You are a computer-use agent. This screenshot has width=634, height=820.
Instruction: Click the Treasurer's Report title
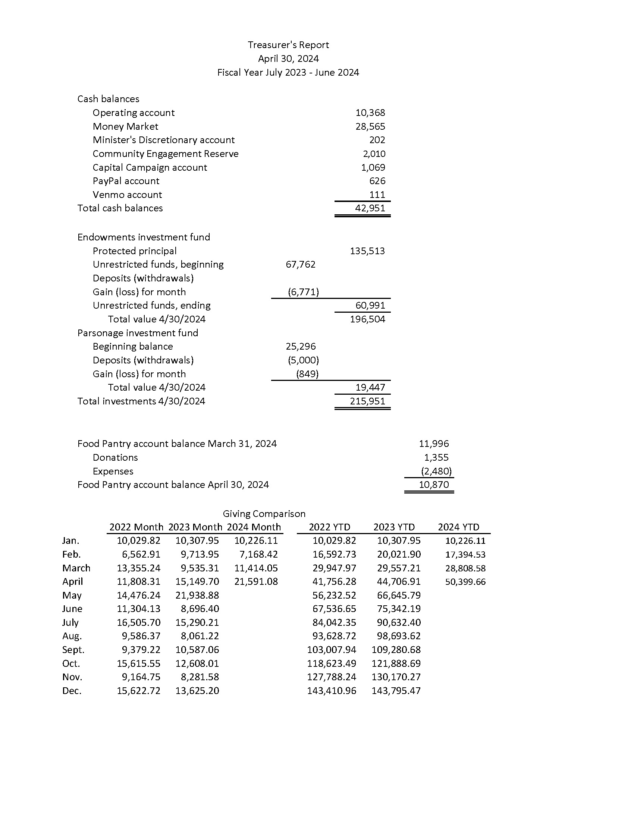coord(288,45)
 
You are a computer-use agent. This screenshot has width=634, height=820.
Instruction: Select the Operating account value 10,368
coord(370,113)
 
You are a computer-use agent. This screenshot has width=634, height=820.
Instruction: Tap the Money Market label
coord(125,126)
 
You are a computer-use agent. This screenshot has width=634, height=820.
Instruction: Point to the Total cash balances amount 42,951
coord(370,208)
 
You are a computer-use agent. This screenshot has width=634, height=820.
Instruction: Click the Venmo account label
coord(127,195)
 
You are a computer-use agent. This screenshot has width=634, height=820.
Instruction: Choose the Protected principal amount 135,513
coord(367,251)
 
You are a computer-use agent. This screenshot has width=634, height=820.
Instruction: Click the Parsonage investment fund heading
coord(138,333)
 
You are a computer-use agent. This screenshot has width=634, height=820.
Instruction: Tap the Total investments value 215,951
coord(367,401)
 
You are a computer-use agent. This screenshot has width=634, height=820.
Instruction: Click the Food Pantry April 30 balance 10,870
coord(434,485)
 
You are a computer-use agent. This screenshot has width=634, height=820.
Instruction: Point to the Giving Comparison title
coord(264,514)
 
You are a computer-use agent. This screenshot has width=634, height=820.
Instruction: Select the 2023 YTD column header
coord(394,527)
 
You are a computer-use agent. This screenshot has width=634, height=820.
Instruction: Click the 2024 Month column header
coord(254,527)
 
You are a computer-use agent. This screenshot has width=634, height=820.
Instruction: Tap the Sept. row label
coord(73,650)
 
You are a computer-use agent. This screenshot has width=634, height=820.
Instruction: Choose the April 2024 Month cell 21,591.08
coord(256,581)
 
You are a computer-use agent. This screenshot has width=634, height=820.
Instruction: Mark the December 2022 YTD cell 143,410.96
coord(332,691)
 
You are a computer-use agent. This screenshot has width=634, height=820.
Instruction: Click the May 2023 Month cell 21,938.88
coord(197,596)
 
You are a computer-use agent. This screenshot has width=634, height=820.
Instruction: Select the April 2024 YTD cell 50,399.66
coord(465,582)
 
